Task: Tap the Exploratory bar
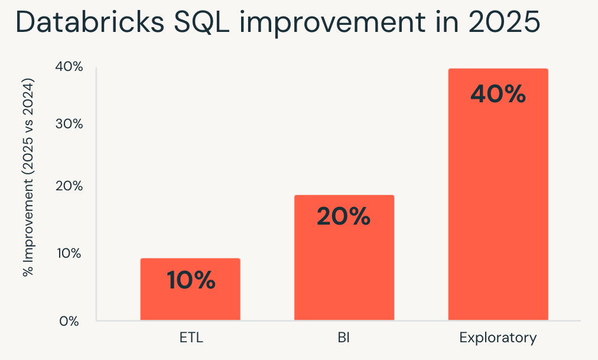(498, 195)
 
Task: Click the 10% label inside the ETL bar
(190, 280)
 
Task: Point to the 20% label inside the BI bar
(344, 217)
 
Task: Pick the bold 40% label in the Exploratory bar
(498, 94)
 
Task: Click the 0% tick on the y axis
(69, 321)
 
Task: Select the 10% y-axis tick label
(69, 253)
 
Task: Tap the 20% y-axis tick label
(69, 186)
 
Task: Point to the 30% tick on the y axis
(69, 124)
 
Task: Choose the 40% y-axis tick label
(69, 67)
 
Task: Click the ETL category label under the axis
(191, 339)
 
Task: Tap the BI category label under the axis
(344, 339)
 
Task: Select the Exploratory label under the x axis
(498, 339)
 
